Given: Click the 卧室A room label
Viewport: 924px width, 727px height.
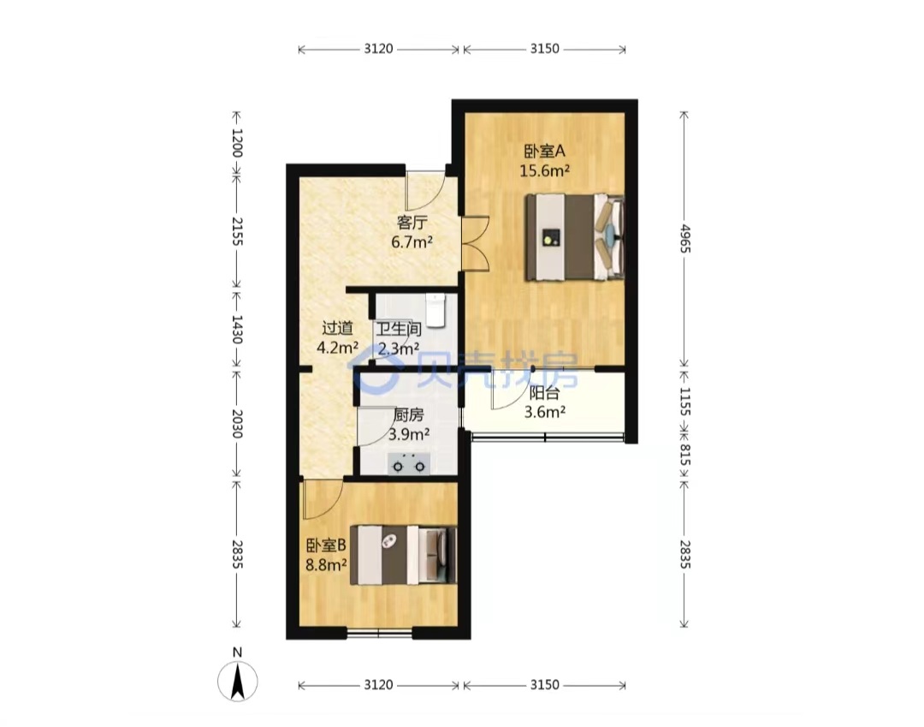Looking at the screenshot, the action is (x=544, y=152).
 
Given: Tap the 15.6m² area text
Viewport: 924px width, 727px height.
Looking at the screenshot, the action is (x=544, y=171).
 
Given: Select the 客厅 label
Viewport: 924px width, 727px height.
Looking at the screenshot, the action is (x=412, y=223).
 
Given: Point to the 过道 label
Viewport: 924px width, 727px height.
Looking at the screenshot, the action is (x=338, y=328).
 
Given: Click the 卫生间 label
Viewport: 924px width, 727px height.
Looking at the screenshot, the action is (x=399, y=329).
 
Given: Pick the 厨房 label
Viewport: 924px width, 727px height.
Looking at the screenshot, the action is (x=408, y=415).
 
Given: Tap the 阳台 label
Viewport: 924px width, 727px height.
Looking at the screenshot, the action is (x=544, y=393).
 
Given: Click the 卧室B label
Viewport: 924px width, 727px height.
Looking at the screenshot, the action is (x=326, y=545).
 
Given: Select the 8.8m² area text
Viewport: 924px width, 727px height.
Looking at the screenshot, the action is (x=326, y=565).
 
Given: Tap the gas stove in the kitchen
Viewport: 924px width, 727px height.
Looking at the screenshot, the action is (x=409, y=465).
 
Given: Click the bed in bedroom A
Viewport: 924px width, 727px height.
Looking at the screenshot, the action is (x=575, y=237).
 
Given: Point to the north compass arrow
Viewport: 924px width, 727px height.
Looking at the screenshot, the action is (x=238, y=682).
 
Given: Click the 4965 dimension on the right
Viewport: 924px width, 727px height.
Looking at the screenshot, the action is (x=684, y=238).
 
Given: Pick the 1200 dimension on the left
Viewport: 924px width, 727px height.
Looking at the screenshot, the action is (x=236, y=143).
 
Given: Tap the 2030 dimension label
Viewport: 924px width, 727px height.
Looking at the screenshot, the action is (x=236, y=424).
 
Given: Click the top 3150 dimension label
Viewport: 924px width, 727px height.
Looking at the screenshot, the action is (x=544, y=48).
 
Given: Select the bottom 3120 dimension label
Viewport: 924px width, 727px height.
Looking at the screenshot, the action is (x=378, y=684).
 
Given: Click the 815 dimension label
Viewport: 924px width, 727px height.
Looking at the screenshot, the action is (x=684, y=455).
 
